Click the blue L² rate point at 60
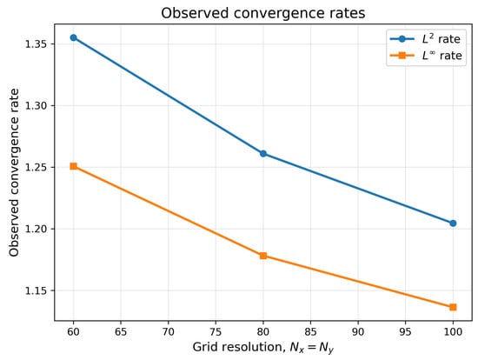[x=74, y=37]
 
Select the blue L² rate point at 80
[x=263, y=153]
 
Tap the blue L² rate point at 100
[x=453, y=223]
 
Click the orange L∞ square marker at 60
[x=74, y=166]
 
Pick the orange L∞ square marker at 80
[x=263, y=256]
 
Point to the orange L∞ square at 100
[x=453, y=307]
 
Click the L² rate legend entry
[x=425, y=39]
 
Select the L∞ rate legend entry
[x=426, y=56]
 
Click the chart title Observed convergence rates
[x=263, y=13]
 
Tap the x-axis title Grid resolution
[x=263, y=347]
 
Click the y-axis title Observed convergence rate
[x=14, y=172]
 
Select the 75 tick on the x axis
[x=216, y=331]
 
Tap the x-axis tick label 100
[x=453, y=331]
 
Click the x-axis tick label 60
[x=74, y=331]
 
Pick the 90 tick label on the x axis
[x=358, y=331]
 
